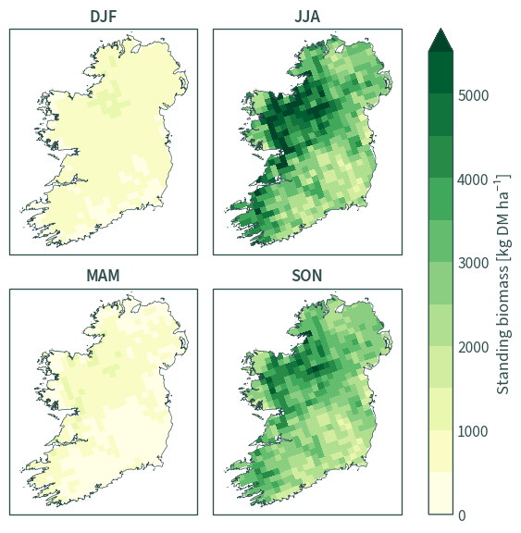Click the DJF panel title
coord(104,17)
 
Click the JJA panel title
coord(307,17)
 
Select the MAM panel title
coord(103,276)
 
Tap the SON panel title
coord(307,276)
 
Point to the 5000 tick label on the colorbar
coord(473,95)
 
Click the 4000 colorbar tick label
coord(473,180)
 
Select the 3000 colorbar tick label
coord(473,263)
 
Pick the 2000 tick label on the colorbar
coord(473,347)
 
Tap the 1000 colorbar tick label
coord(473,431)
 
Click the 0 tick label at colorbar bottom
coord(462,515)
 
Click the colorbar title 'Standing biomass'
coord(503,329)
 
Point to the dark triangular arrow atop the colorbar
coord(440,40)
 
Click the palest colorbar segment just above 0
coord(440,493)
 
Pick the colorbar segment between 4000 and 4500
coord(440,156)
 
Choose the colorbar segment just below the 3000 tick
coord(440,283)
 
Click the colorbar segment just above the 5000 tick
coord(440,73)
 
